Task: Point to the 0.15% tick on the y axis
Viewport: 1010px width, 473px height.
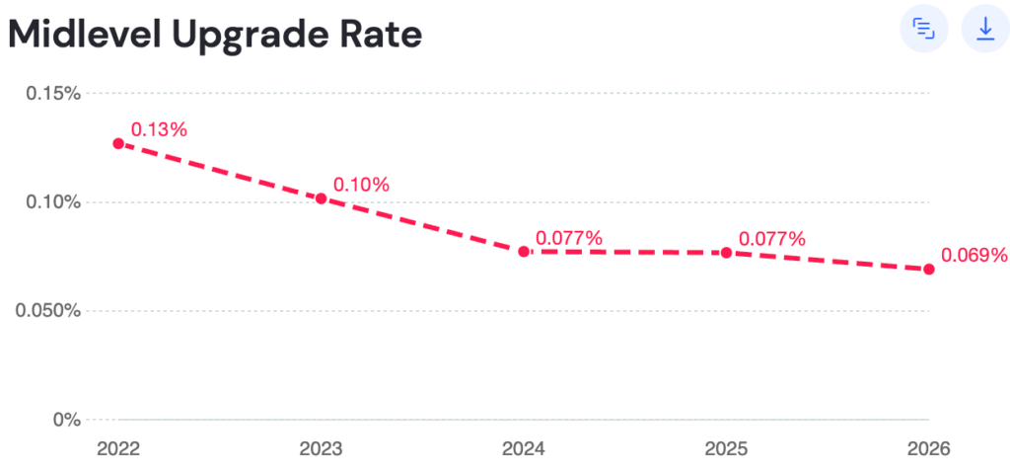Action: (x=53, y=94)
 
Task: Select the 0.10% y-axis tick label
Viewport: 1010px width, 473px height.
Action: (x=53, y=202)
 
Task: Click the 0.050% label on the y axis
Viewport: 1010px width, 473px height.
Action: (x=48, y=311)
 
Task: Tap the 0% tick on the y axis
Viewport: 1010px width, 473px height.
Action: (x=66, y=420)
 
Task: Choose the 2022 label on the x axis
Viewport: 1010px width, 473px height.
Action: (x=118, y=449)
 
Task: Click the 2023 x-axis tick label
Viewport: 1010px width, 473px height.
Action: (x=321, y=449)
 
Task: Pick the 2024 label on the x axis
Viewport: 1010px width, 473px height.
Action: (x=524, y=449)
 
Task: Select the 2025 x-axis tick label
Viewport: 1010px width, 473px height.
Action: (x=726, y=449)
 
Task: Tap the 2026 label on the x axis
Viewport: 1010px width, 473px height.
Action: (x=928, y=449)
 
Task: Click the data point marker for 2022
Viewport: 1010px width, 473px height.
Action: (x=118, y=143)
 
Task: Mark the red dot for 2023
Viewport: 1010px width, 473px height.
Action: (x=321, y=198)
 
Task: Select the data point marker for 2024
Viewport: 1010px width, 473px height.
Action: (x=524, y=252)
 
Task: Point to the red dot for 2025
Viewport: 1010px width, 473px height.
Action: (x=726, y=253)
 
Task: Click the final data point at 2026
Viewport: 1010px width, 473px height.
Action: (x=928, y=269)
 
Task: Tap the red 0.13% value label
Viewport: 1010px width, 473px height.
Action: (x=159, y=129)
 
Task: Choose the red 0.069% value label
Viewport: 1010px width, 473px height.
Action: (x=974, y=255)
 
